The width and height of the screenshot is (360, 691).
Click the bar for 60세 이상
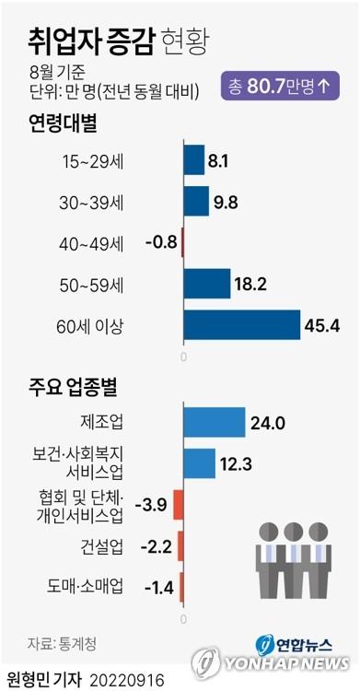(242, 325)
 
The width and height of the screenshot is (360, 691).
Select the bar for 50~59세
(206, 284)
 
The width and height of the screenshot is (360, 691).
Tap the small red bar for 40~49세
(182, 243)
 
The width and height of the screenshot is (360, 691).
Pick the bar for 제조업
(214, 422)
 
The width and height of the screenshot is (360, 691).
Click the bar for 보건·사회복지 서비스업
(199, 463)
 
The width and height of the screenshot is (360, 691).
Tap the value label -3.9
(149, 504)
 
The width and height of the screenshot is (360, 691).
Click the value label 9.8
(226, 202)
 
